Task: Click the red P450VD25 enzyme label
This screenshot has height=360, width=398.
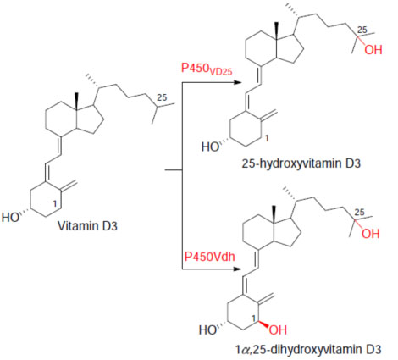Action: pos(207,69)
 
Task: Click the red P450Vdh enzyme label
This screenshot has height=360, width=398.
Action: pos(210,257)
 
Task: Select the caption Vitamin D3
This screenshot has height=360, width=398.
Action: pos(87,226)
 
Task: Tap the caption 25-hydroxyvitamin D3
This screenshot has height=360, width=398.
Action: pos(301,163)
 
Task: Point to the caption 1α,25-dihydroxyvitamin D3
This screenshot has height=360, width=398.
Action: pos(308,350)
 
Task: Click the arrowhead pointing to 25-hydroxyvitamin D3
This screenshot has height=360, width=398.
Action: pos(238,82)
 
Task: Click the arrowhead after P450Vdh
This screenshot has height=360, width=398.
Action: pos(238,269)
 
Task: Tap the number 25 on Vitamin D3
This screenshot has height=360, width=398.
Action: pos(162,97)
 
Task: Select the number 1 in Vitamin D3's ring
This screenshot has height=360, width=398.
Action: pos(55,203)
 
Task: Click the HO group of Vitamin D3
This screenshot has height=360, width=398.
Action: pos(10,218)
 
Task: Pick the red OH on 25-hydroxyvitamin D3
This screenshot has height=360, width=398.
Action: pos(373,50)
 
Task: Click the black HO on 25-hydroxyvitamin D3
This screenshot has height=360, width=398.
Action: pos(210,147)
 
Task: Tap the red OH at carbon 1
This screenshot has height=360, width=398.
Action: pos(278,330)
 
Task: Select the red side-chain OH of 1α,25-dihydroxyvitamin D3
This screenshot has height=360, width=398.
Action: pos(371,234)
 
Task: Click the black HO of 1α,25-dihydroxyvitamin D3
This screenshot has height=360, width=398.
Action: pos(208,330)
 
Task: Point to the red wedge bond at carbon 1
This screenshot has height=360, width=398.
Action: pos(263,324)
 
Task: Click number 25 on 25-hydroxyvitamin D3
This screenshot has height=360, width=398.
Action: pos(362,30)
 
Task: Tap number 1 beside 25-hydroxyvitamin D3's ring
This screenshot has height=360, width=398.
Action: pos(267,138)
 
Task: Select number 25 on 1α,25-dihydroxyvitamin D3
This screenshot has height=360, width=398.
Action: pos(359,213)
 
